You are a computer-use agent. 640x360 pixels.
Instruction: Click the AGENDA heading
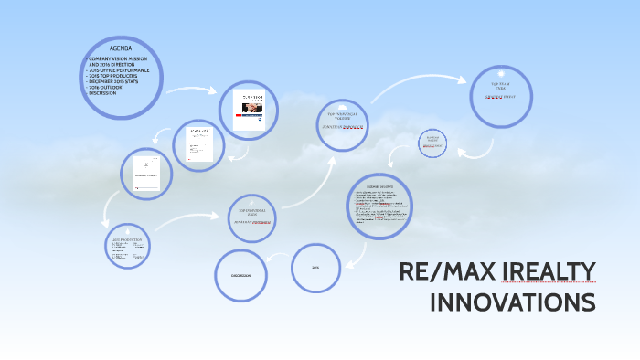pyautogui.click(x=121, y=48)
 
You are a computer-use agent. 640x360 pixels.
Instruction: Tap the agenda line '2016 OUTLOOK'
pyautogui.click(x=111, y=87)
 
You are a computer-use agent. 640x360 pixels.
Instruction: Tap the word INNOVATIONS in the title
pyautogui.click(x=512, y=302)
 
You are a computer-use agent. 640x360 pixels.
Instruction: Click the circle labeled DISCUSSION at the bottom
pyautogui.click(x=240, y=274)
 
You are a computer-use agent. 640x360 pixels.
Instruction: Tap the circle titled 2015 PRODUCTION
pyautogui.click(x=127, y=246)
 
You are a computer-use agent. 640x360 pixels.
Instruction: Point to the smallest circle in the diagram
pyautogui.click(x=433, y=143)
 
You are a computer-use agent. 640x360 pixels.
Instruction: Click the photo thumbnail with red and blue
pyautogui.click(x=250, y=112)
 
